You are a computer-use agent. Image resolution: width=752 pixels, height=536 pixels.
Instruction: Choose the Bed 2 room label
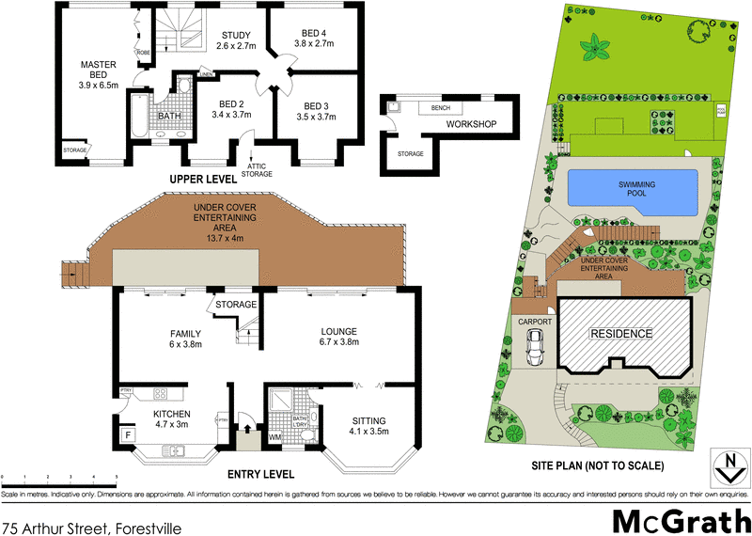tap(231, 110)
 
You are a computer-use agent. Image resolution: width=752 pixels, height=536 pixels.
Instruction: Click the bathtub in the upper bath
tap(139, 117)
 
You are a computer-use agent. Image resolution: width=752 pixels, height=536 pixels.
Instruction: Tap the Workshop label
tap(470, 124)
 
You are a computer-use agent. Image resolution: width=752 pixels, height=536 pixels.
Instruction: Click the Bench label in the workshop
tap(440, 108)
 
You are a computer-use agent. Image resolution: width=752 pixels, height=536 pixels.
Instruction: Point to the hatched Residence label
tap(621, 334)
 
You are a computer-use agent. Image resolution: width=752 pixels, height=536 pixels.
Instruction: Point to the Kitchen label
tap(172, 419)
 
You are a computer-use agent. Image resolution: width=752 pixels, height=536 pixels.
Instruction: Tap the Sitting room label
tap(368, 426)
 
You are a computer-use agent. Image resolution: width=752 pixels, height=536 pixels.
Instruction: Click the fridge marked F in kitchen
tap(127, 434)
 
